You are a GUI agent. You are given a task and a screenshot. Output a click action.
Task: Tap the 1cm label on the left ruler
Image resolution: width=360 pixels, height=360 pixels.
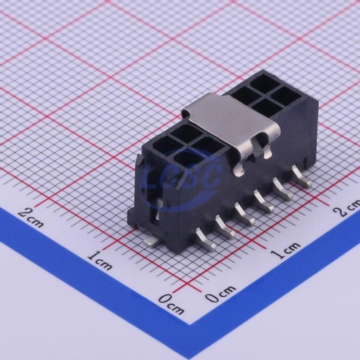[100, 260]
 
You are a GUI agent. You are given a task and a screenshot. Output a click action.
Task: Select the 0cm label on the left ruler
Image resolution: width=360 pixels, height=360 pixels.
[171, 303]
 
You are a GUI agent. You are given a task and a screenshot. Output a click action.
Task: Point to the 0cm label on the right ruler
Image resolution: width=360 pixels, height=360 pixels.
[220, 293]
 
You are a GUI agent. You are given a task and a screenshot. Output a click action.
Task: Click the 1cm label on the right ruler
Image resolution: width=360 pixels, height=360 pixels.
[285, 250]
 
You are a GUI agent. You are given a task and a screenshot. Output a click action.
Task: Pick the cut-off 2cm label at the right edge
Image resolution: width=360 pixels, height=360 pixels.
[348, 207]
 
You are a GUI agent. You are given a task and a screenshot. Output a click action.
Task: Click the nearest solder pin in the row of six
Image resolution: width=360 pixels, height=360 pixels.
[206, 240]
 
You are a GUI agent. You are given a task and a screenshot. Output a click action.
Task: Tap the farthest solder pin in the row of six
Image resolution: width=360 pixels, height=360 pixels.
[302, 176]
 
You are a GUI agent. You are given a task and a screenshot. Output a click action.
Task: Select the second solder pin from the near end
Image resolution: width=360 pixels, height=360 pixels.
[225, 226]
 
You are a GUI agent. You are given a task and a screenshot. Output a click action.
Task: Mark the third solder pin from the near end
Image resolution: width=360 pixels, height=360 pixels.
[245, 214]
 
